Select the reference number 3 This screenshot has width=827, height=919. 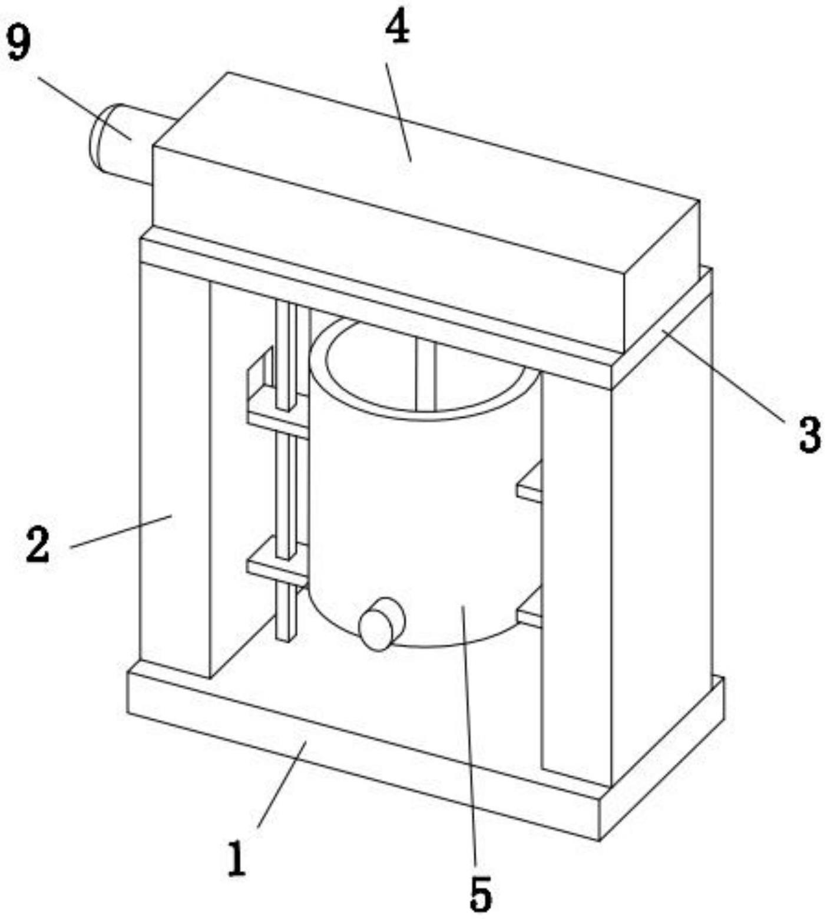pos(809,435)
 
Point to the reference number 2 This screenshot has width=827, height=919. pos(38,544)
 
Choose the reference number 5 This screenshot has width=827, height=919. pos(481,893)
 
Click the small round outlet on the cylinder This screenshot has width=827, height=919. pos(382,624)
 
